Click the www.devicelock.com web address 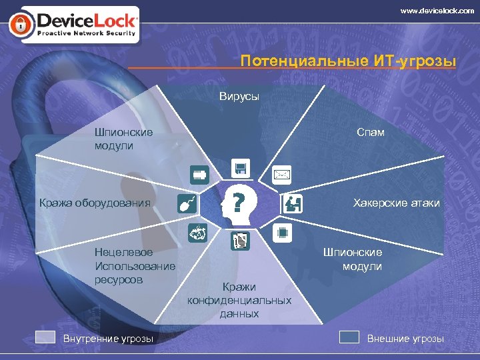(437, 10)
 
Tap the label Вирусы (239, 97)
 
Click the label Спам (371, 133)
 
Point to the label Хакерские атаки (396, 203)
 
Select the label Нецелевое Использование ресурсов (135, 266)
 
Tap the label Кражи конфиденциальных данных (239, 300)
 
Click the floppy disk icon (240, 168)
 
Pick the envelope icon (282, 175)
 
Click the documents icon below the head (240, 241)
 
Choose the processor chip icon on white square (282, 233)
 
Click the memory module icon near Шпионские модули (198, 175)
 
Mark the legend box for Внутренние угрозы (45, 337)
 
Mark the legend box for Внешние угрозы (349, 337)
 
